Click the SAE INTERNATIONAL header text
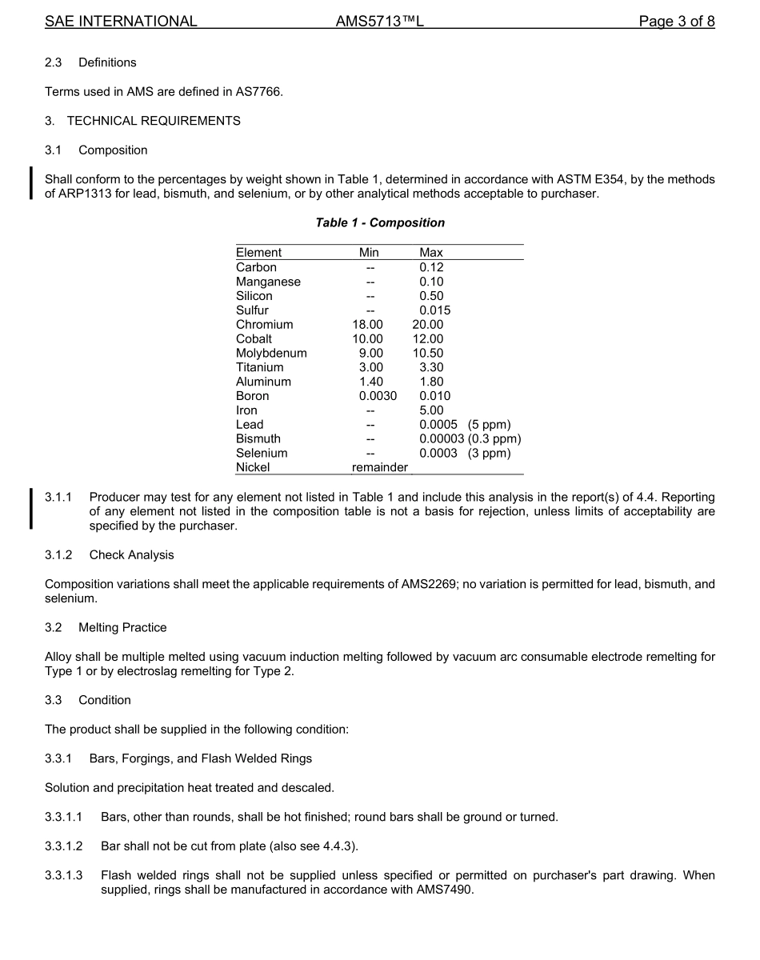[x=121, y=22]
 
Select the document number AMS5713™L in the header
[x=379, y=22]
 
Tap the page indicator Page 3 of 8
[x=676, y=22]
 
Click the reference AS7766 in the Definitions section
[x=258, y=92]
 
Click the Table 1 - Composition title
[x=380, y=222]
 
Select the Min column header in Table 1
[x=369, y=253]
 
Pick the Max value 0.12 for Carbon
[x=431, y=267]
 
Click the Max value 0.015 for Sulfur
[x=434, y=310]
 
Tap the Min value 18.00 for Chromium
[x=367, y=325]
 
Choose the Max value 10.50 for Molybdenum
[x=427, y=354]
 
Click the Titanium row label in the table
[x=259, y=367]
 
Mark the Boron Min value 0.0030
[x=378, y=396]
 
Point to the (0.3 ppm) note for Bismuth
[x=494, y=439]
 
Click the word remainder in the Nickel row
[x=379, y=467]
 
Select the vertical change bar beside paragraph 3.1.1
[x=31, y=509]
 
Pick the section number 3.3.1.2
[x=63, y=846]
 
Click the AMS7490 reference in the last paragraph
[x=446, y=890]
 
